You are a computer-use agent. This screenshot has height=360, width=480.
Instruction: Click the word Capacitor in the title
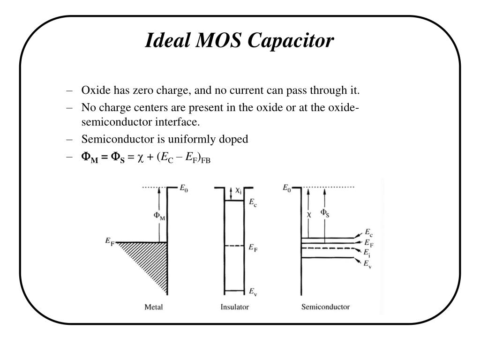point(291,41)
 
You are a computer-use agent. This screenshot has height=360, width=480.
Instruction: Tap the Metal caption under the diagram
point(153,307)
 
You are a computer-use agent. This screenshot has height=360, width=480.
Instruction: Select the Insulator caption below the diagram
point(234,307)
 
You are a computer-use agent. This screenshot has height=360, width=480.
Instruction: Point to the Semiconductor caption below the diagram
point(325,307)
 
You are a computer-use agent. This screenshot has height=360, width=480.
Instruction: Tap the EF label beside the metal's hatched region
point(109,241)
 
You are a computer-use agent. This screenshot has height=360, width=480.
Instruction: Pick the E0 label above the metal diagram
point(184,188)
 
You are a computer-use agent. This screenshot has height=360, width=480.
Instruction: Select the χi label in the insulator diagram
point(239,190)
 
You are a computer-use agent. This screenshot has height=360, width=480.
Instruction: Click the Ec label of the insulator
point(252,202)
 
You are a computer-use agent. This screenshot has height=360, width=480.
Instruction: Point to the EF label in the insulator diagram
point(252,247)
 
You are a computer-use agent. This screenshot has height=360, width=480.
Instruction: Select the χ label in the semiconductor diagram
point(309,214)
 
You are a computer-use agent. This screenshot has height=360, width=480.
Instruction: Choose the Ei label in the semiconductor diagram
point(367,253)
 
